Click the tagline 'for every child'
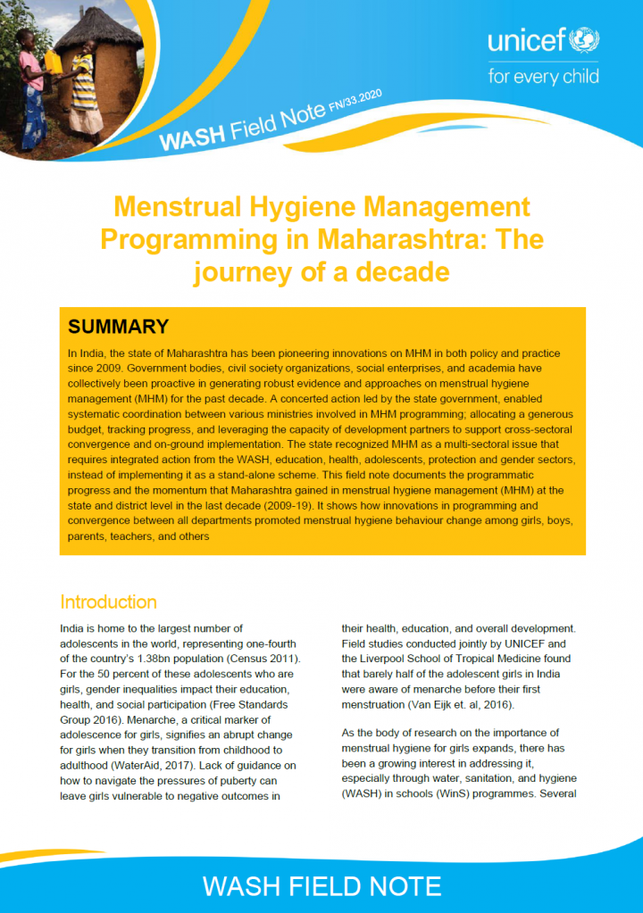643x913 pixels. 543,74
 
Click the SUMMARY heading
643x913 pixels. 119,327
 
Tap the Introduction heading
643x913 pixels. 108,602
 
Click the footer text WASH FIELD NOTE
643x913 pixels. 321,885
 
